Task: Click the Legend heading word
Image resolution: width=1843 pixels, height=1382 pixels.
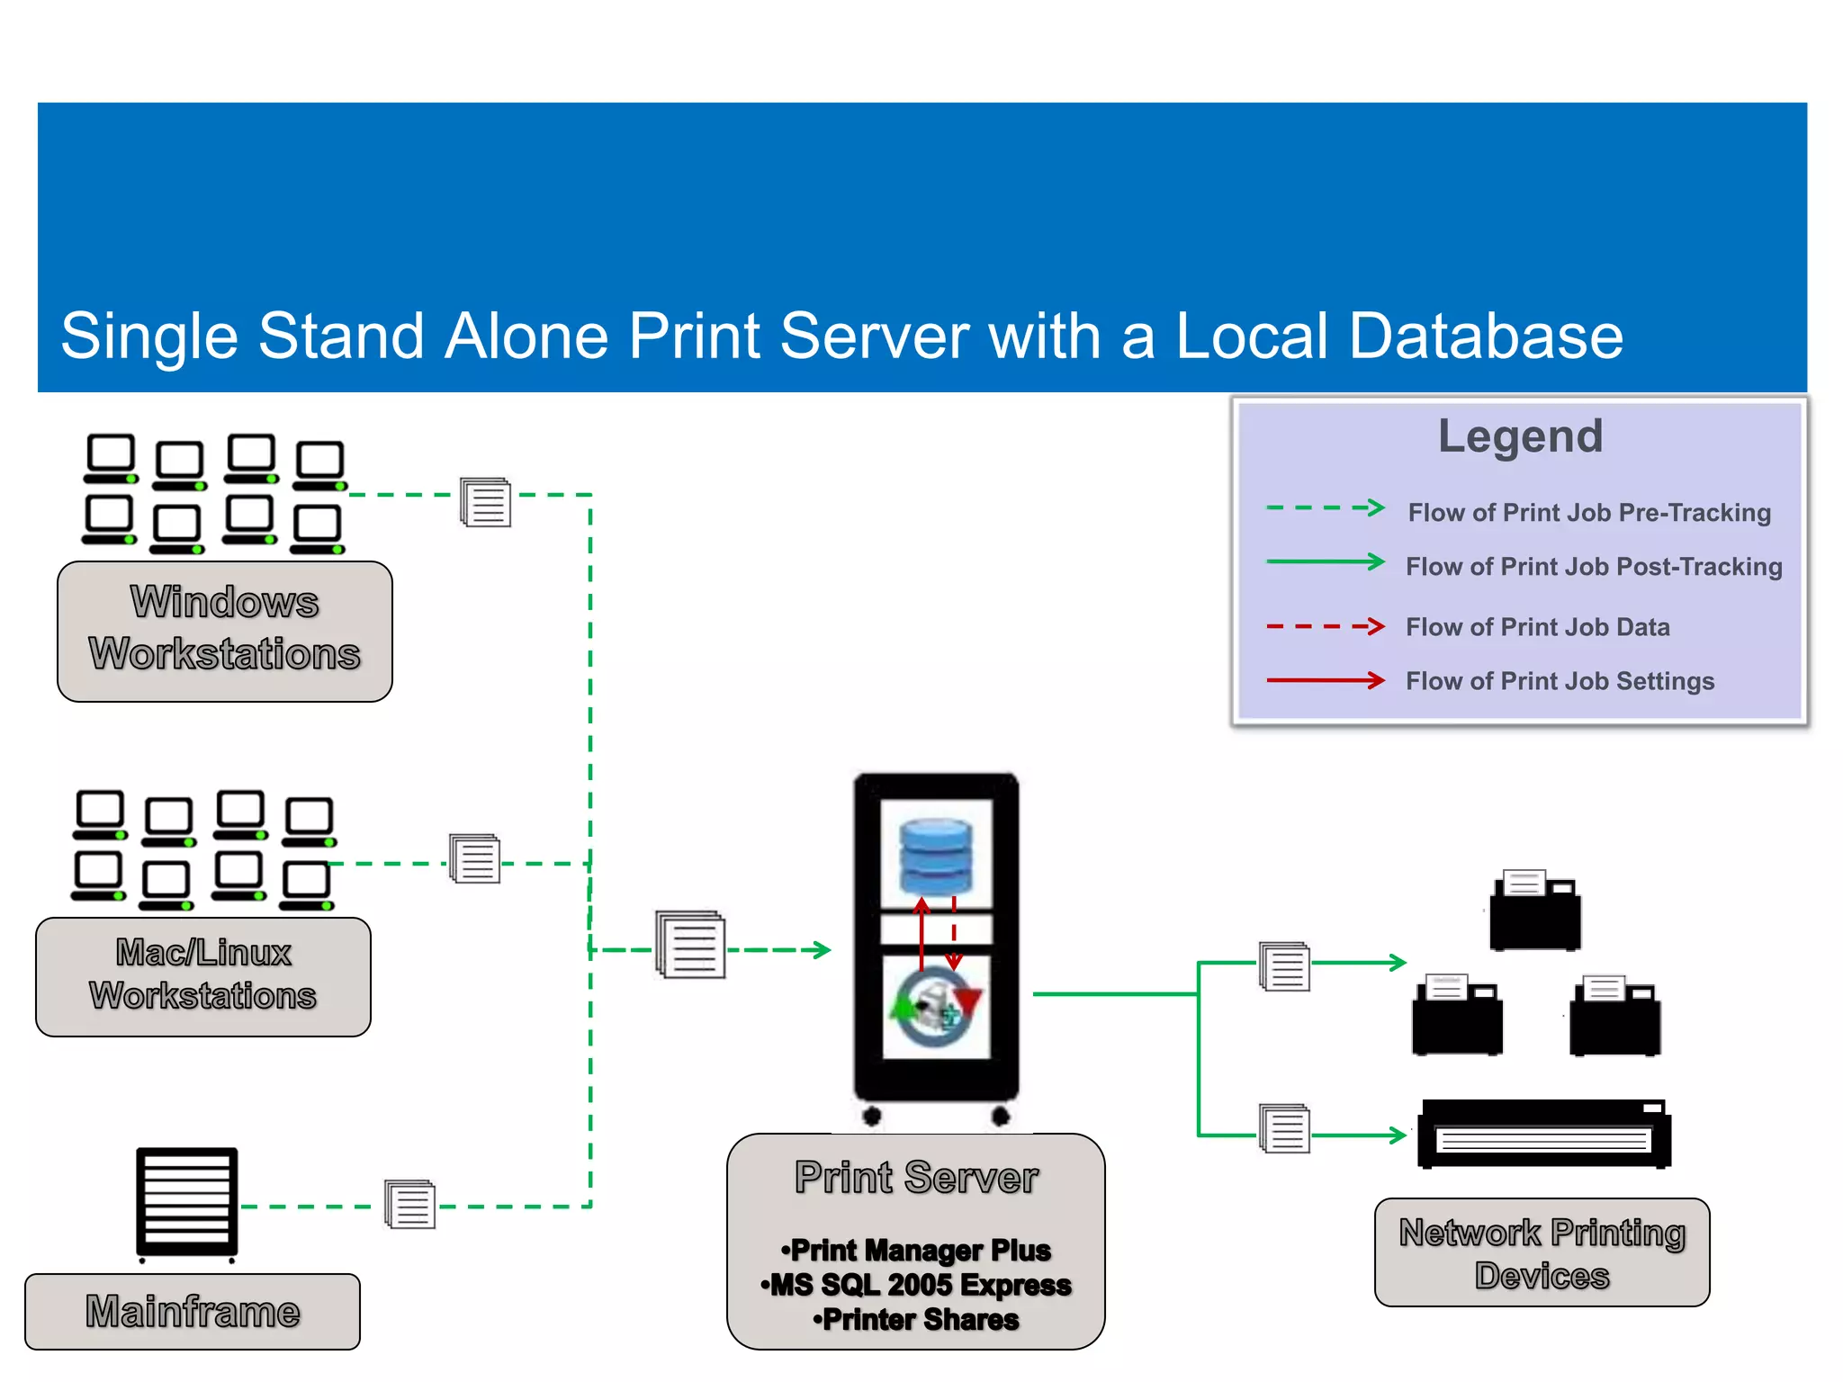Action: point(1520,436)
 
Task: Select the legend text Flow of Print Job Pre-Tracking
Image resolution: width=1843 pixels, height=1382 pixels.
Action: point(1589,513)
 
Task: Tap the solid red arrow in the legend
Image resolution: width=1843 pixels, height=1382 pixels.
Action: point(1325,680)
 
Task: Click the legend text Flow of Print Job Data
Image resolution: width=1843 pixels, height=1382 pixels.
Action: point(1537,627)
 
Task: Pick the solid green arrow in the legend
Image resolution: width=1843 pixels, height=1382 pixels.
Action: point(1325,562)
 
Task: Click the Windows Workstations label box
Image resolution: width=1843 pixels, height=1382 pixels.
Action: point(225,631)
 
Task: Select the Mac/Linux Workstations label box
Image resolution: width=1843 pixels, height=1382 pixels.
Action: point(203,976)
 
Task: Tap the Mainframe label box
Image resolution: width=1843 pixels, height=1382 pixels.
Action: point(193,1312)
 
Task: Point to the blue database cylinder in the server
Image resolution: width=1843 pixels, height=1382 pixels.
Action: point(936,856)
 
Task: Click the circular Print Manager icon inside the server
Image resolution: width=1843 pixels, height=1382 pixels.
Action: point(936,1007)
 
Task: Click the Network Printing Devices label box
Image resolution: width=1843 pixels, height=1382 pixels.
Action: point(1542,1252)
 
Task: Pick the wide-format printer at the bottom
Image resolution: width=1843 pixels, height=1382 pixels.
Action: point(1543,1134)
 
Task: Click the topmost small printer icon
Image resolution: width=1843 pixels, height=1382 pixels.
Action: point(1535,910)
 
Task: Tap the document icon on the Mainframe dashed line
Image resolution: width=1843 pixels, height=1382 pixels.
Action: point(410,1204)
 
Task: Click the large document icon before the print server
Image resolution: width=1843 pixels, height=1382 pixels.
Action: point(691,945)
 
